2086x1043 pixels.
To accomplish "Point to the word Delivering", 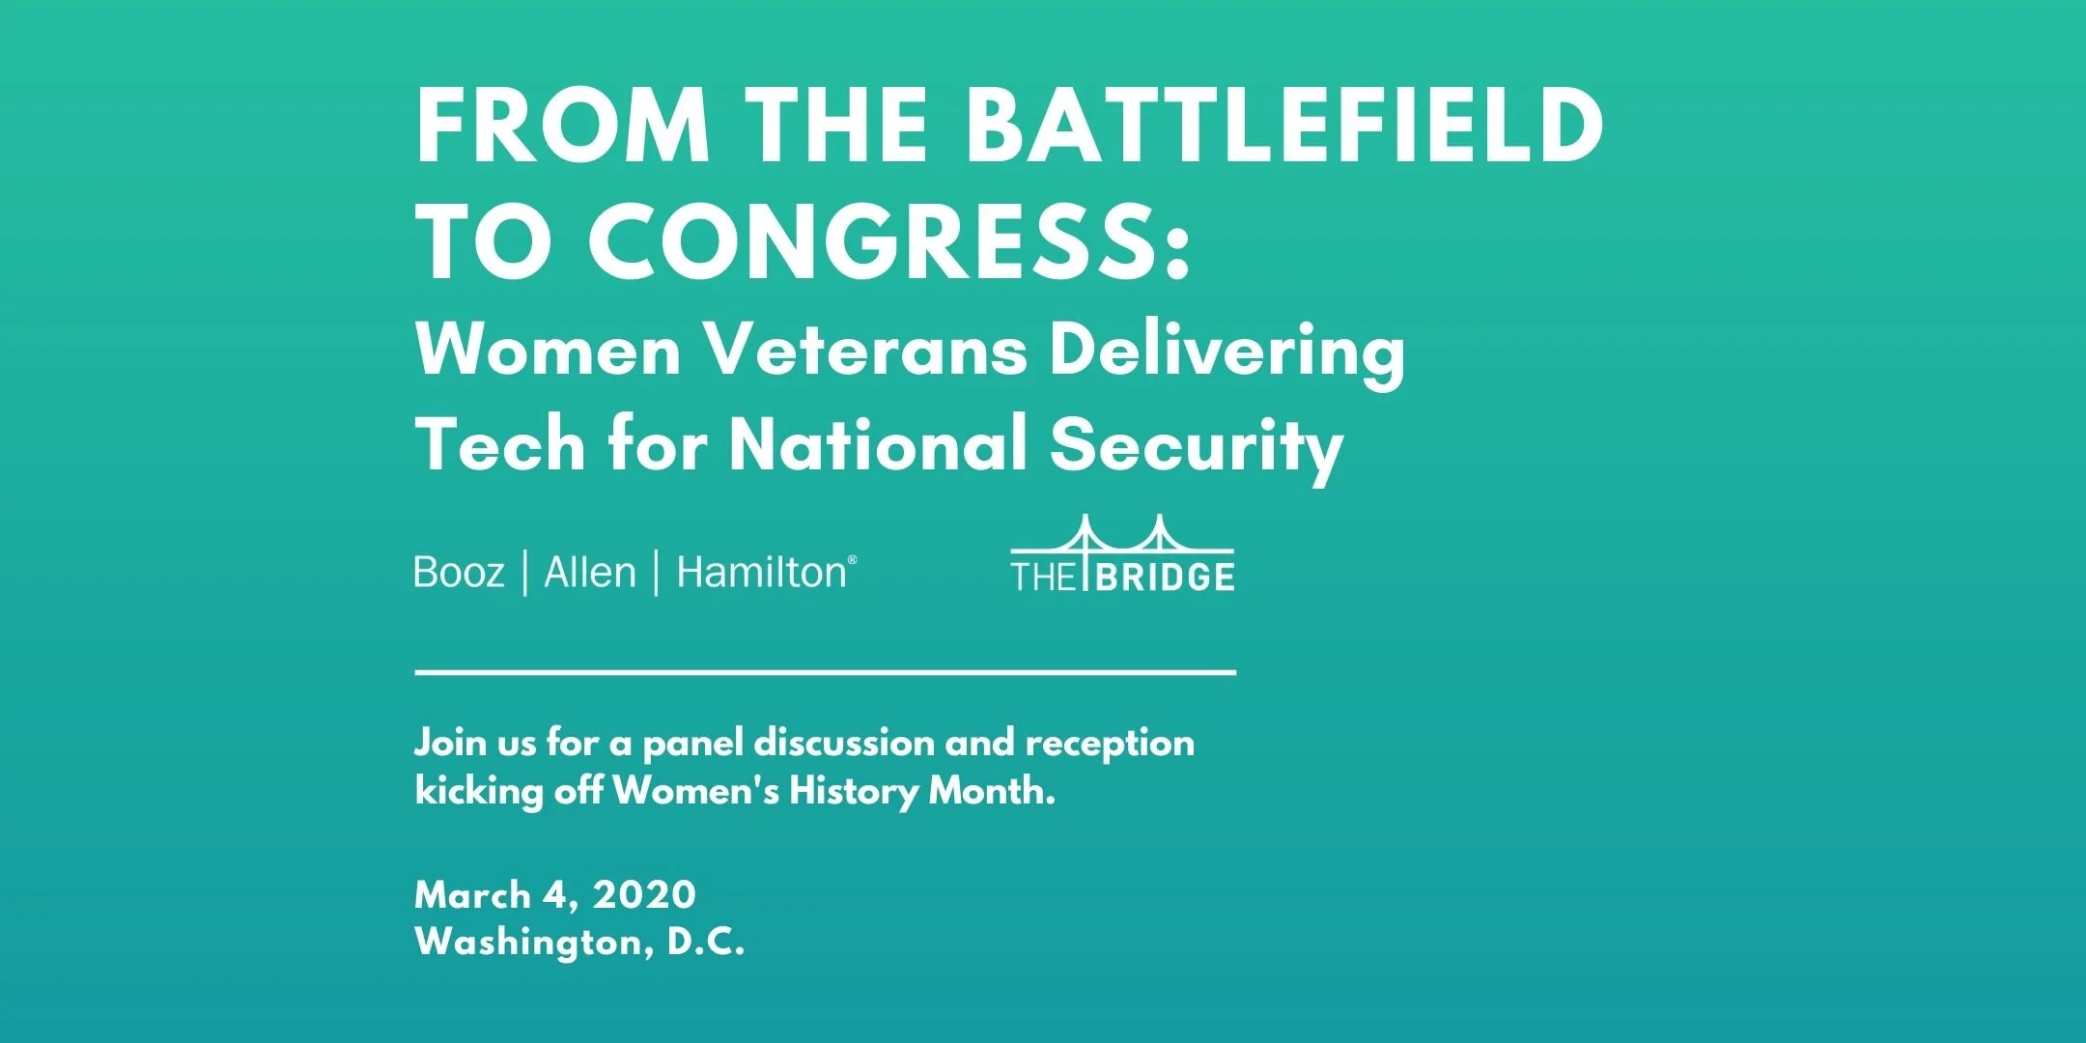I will click(1226, 352).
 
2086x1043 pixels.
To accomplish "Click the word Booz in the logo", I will click(459, 573).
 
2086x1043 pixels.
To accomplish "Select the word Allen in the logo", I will click(590, 573).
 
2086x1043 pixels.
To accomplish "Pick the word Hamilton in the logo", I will click(762, 573).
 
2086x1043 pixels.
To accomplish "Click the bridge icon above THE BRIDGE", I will click(1122, 537).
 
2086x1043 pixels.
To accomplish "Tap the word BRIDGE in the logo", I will click(1166, 578).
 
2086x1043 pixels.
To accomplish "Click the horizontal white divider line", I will click(825, 671).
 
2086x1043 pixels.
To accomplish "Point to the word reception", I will click(1110, 743).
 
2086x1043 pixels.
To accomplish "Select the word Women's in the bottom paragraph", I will click(695, 791).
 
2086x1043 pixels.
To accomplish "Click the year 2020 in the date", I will click(644, 895).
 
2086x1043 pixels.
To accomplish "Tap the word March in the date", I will click(472, 895).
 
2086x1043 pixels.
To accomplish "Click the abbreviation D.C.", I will click(706, 942).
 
